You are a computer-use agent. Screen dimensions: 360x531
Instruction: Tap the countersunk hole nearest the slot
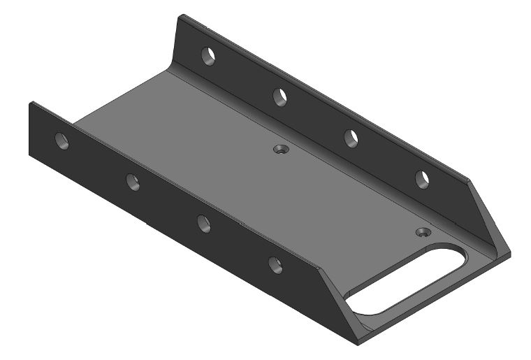coord(422,231)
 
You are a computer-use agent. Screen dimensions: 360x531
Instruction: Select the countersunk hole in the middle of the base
coord(281,150)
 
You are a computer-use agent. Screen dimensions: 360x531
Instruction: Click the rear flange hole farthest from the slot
coord(208,55)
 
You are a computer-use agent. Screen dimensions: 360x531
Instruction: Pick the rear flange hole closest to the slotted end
coord(422,180)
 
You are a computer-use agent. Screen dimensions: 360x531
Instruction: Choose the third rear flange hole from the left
coord(352,138)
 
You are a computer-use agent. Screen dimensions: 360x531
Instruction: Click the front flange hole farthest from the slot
coord(62,141)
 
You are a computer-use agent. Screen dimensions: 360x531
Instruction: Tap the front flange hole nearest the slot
coord(276,264)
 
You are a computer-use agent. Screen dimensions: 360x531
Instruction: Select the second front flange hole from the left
coord(133,182)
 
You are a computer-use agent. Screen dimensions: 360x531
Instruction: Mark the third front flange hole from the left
coord(204,223)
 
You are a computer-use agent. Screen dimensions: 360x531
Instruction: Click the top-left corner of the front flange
coord(31,102)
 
